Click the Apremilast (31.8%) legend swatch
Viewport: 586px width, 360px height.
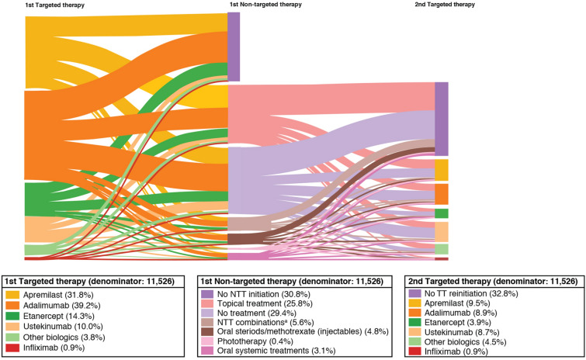click(x=12, y=295)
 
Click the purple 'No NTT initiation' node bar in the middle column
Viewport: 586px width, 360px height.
click(x=234, y=47)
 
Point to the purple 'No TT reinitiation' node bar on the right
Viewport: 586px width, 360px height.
click(x=442, y=118)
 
